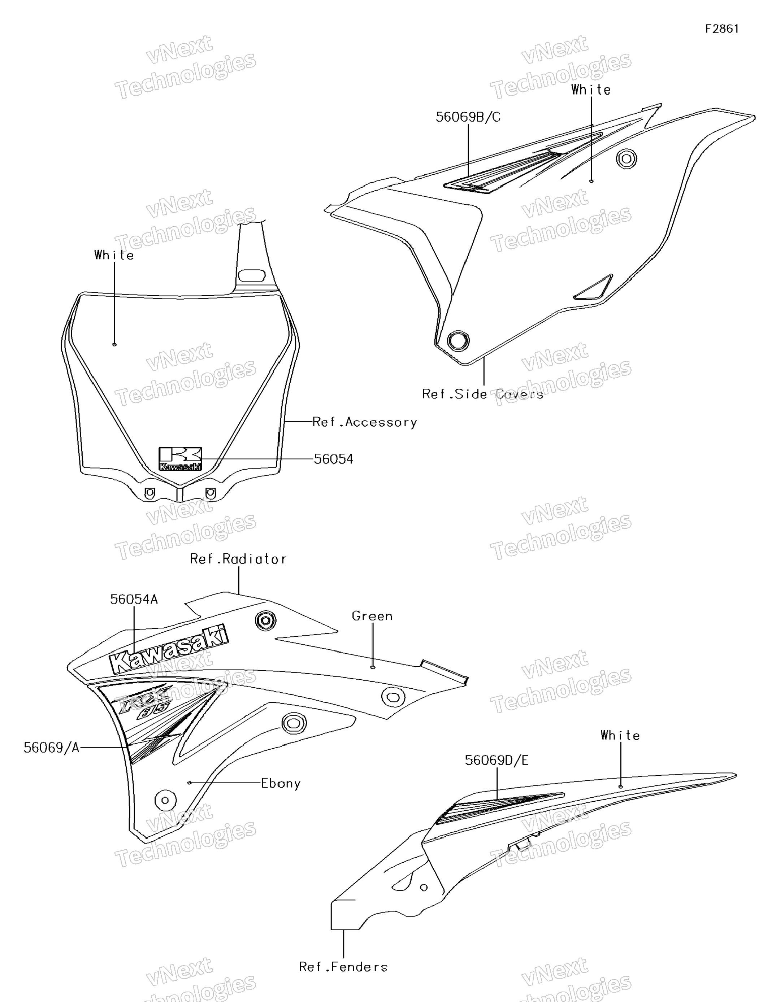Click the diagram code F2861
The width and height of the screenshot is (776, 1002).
[x=722, y=29]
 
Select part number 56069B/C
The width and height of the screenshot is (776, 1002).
[x=468, y=117]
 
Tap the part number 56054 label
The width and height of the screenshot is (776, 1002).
[x=333, y=459]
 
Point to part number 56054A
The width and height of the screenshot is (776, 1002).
[x=134, y=600]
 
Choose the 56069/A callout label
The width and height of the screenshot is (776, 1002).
[x=51, y=748]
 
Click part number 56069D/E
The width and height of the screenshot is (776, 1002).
[x=496, y=761]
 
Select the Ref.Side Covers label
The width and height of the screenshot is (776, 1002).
[x=482, y=394]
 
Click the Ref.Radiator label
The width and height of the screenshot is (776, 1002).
[x=238, y=559]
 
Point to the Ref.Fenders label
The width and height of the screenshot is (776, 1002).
[x=343, y=967]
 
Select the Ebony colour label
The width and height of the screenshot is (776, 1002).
[x=280, y=783]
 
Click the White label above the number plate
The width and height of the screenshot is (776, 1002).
[x=114, y=255]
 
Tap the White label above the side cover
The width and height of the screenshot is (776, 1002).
[x=591, y=90]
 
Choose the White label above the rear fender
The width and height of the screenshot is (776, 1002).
[x=620, y=736]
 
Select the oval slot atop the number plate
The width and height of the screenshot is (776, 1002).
[x=251, y=276]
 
